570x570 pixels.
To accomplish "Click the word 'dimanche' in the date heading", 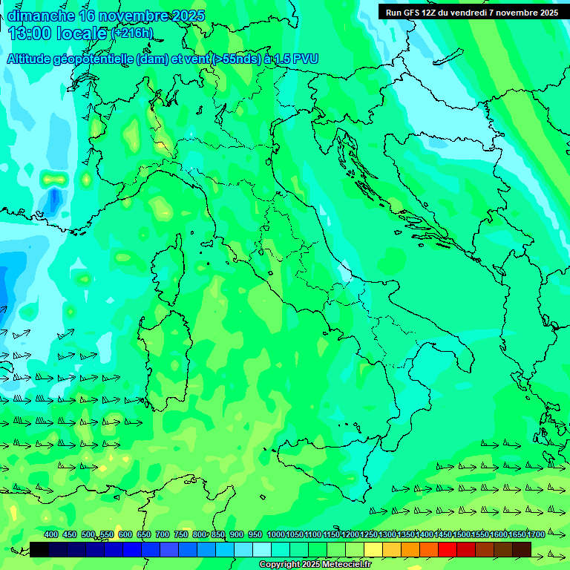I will pyautogui.click(x=41, y=16).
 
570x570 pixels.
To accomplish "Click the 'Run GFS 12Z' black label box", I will pyautogui.click(x=471, y=12).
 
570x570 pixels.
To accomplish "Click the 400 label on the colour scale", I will pyautogui.click(x=51, y=535).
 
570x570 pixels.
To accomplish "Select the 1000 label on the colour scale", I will pyautogui.click(x=275, y=535).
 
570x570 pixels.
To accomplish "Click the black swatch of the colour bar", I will pyautogui.click(x=39, y=549).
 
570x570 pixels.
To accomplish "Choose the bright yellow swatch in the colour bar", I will pyautogui.click(x=373, y=549).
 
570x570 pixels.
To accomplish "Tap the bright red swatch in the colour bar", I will pyautogui.click(x=448, y=549).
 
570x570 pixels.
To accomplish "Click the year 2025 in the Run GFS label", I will pyautogui.click(x=546, y=12).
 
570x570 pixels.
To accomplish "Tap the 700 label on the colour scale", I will pyautogui.click(x=163, y=535).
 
